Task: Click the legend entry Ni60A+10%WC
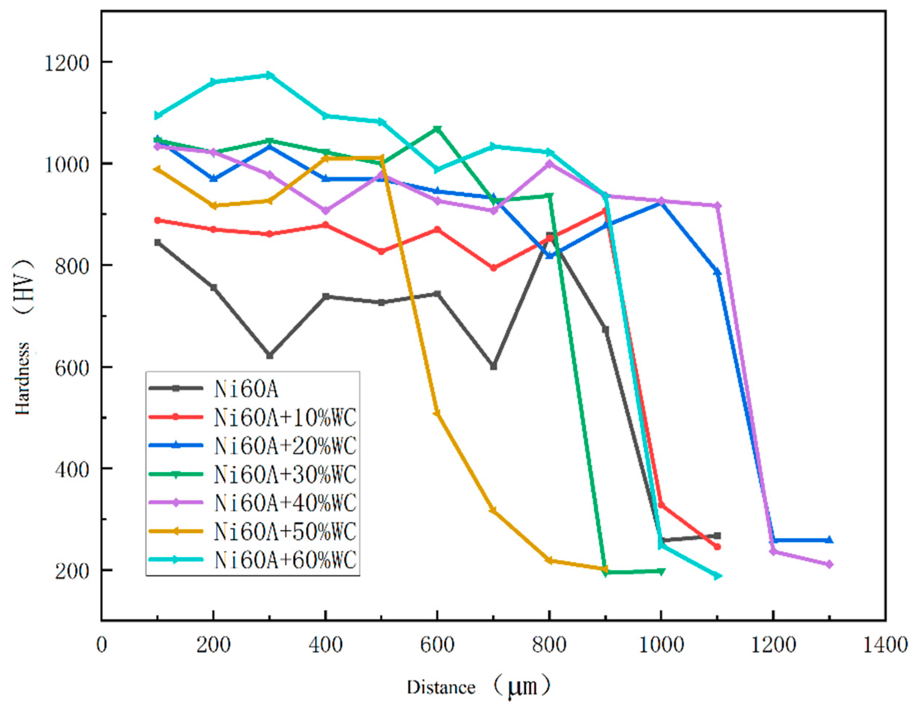coord(285,417)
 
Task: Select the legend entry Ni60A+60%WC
coord(285,559)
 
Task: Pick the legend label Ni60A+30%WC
coord(285,474)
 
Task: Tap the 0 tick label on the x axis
coord(101,645)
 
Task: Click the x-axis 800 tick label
coord(549,645)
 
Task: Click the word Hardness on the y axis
coord(23,379)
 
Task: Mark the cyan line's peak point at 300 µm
coord(270,75)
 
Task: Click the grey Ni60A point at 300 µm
coord(270,356)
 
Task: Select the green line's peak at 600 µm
coord(437,129)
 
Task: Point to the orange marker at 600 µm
coord(437,413)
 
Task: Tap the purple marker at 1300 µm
coord(830,564)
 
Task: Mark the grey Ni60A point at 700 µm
coord(494,367)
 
